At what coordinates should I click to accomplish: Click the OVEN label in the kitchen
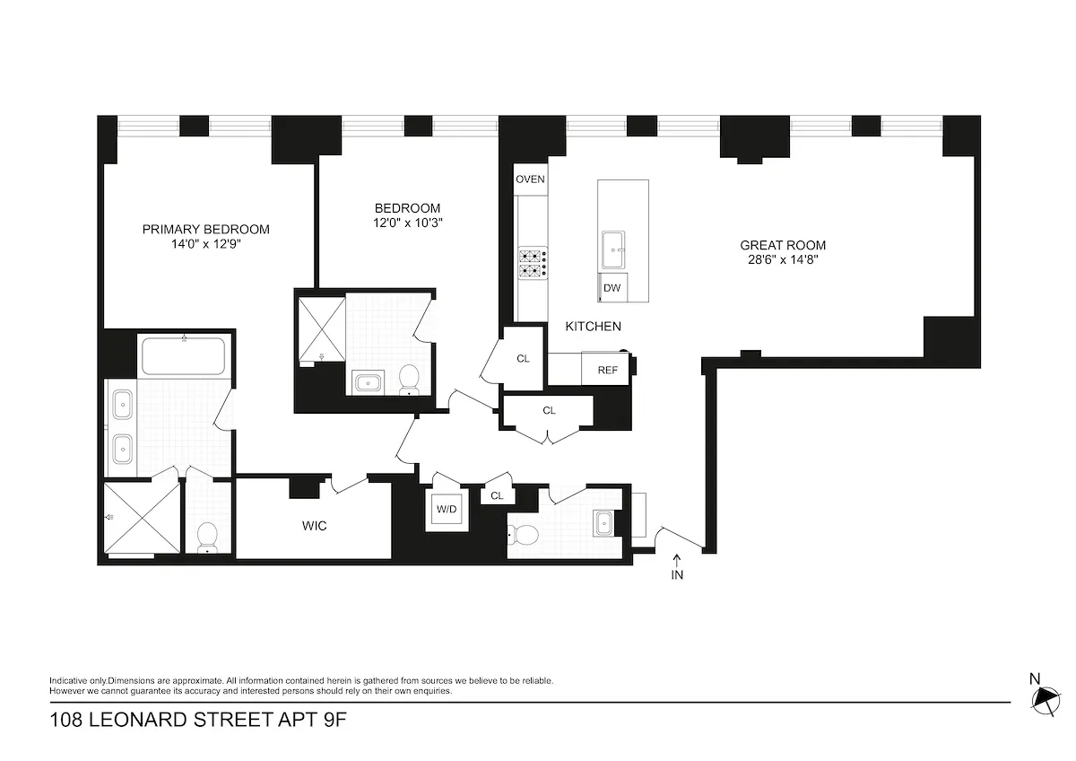pyautogui.click(x=530, y=179)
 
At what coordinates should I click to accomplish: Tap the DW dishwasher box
pyautogui.click(x=612, y=288)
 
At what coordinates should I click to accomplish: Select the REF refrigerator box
pyautogui.click(x=607, y=370)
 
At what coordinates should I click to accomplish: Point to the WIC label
pyautogui.click(x=314, y=526)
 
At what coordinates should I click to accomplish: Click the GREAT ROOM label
pyautogui.click(x=782, y=245)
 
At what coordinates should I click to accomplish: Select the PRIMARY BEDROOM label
pyautogui.click(x=205, y=229)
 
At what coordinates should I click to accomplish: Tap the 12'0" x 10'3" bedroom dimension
pyautogui.click(x=408, y=223)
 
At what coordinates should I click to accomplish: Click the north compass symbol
pyautogui.click(x=1045, y=696)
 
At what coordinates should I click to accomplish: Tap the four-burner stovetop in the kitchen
pyautogui.click(x=532, y=263)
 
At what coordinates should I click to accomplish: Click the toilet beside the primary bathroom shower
pyautogui.click(x=207, y=537)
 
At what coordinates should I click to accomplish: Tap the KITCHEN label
pyautogui.click(x=593, y=327)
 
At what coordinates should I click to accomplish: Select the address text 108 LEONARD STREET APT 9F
pyautogui.click(x=196, y=722)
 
